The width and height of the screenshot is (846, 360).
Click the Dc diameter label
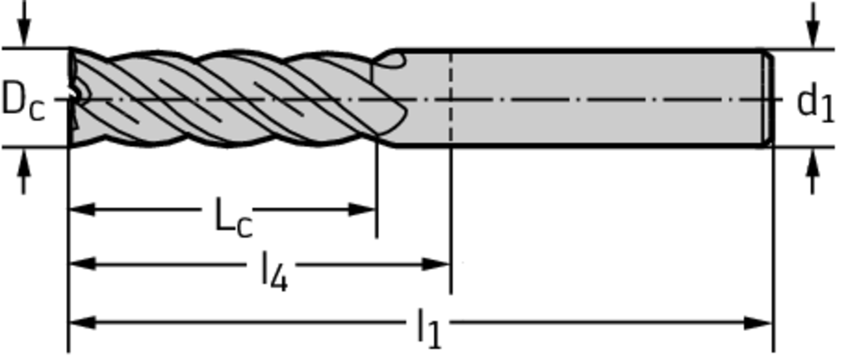click(23, 100)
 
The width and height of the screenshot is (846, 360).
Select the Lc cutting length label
click(233, 216)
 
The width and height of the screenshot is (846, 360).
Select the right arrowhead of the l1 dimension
click(759, 322)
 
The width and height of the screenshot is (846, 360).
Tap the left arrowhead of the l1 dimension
click(81, 322)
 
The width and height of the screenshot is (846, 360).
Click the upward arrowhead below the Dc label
click(24, 163)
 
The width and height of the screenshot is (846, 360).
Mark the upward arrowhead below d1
click(814, 163)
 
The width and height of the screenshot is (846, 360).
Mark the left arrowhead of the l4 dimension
click(81, 264)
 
